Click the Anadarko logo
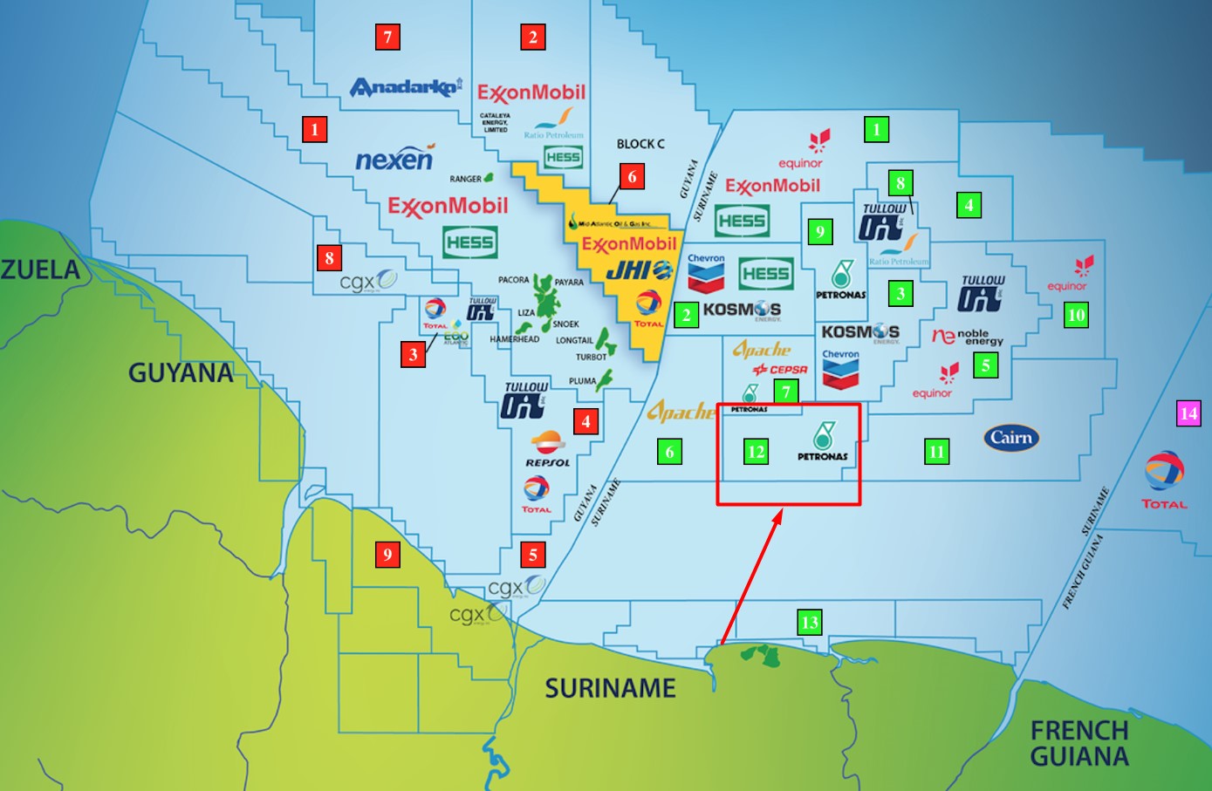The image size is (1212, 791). (x=405, y=87)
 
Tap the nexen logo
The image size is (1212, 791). (x=394, y=160)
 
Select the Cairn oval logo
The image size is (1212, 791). (x=1011, y=438)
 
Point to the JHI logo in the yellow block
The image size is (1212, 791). (x=640, y=271)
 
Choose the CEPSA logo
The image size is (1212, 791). (x=780, y=370)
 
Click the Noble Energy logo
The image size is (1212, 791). (x=968, y=337)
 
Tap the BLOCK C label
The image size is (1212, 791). (x=640, y=144)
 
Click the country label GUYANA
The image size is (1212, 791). (x=181, y=373)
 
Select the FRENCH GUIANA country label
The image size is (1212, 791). (x=1079, y=743)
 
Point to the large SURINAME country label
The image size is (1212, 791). (x=610, y=688)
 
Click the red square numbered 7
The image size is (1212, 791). (x=387, y=38)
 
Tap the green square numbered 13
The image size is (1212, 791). (x=810, y=622)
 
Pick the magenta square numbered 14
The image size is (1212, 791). (x=1188, y=413)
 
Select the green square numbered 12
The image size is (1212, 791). (x=756, y=452)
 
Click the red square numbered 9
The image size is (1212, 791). (x=387, y=555)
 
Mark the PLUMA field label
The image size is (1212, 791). (x=582, y=381)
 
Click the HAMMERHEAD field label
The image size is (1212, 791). (x=514, y=339)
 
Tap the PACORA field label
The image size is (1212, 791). (x=513, y=280)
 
